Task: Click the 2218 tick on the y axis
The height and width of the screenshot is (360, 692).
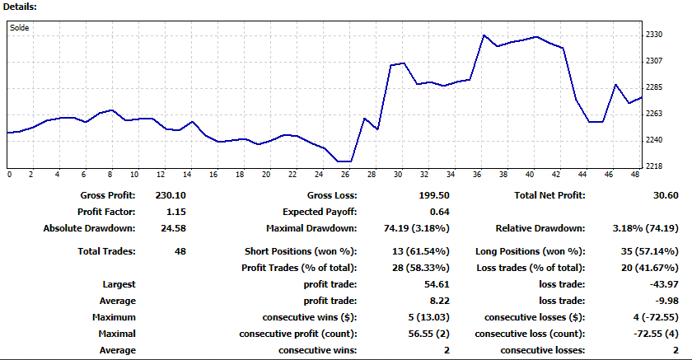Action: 655,166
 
